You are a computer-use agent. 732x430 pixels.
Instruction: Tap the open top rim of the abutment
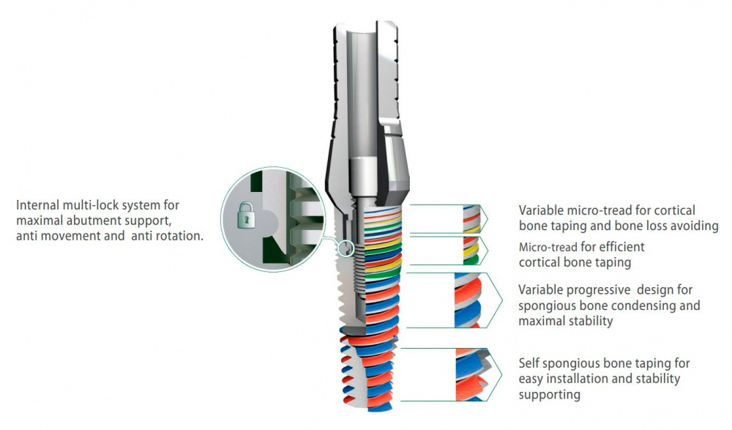[358, 28]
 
